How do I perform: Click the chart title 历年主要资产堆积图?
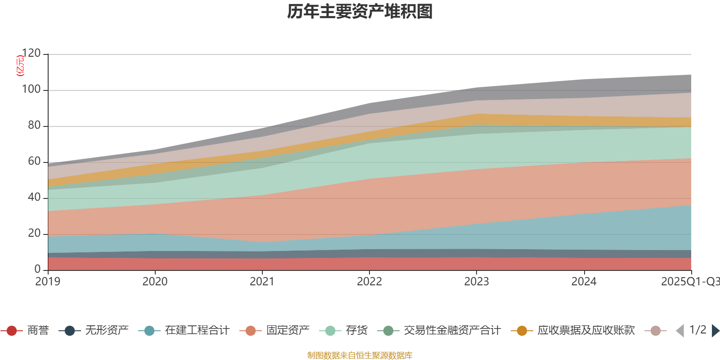(360, 12)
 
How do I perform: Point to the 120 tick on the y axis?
(31, 54)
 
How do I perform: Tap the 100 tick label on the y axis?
(31, 90)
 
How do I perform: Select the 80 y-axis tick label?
(34, 126)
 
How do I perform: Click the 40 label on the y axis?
(34, 198)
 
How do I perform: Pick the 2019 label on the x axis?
(48, 282)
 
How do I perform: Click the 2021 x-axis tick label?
(262, 282)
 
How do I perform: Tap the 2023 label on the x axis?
(477, 282)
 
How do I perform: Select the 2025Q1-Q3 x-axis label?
(690, 282)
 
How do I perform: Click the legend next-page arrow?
(715, 331)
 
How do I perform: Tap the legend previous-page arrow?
(679, 331)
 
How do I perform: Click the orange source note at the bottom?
(360, 355)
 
